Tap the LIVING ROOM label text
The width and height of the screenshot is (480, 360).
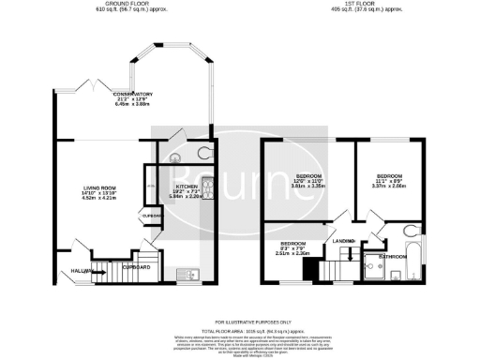coord(97,187)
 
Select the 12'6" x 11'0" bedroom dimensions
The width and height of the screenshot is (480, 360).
coord(309,184)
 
